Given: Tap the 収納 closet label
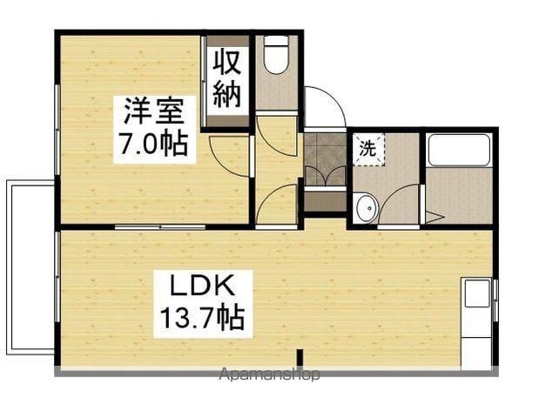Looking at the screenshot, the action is click(x=226, y=79).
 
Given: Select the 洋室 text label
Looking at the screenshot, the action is click(x=153, y=111).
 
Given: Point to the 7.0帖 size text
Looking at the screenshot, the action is click(x=153, y=143).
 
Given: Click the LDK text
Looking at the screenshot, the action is click(x=203, y=287).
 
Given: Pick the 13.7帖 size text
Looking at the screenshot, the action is click(x=203, y=317).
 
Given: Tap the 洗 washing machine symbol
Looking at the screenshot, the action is click(x=368, y=150).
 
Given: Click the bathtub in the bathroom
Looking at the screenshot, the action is click(x=459, y=150).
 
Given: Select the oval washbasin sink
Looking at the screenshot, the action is click(x=367, y=208).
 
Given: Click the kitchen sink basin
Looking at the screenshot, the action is click(x=477, y=293).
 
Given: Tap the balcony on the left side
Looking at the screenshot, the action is click(x=30, y=267).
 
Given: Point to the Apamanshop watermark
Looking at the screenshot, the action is click(x=270, y=374).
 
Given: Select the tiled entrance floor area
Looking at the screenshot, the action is click(x=325, y=159).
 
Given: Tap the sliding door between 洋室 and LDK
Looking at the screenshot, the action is click(x=160, y=227).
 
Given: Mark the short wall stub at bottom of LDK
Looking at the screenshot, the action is click(x=300, y=358).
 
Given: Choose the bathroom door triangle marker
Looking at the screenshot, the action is click(x=435, y=217).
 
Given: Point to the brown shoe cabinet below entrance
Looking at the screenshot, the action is click(x=325, y=202).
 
